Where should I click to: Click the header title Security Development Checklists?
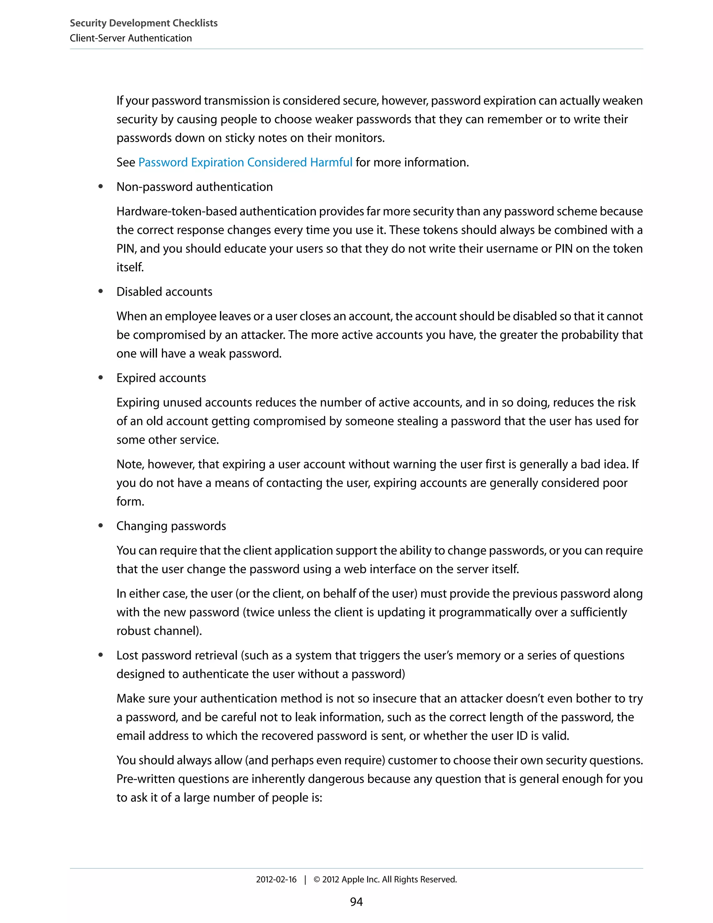coord(144,23)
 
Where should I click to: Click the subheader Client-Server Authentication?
coord(131,38)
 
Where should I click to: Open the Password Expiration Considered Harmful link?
coord(245,162)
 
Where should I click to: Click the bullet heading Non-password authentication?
coord(194,187)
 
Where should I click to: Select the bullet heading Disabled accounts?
coord(164,292)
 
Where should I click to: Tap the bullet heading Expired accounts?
coord(161,378)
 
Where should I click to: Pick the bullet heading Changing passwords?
coord(171,526)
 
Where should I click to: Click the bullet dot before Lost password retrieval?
coord(101,655)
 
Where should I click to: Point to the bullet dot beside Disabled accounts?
coord(101,292)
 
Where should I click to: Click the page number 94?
coord(356,902)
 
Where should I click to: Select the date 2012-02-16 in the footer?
coord(276,879)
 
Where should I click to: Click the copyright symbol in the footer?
coord(317,879)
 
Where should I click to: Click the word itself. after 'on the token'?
coord(130,267)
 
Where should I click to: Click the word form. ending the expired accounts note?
coord(130,501)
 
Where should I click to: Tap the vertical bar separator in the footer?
coord(305,879)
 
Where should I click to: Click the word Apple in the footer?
coord(352,879)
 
